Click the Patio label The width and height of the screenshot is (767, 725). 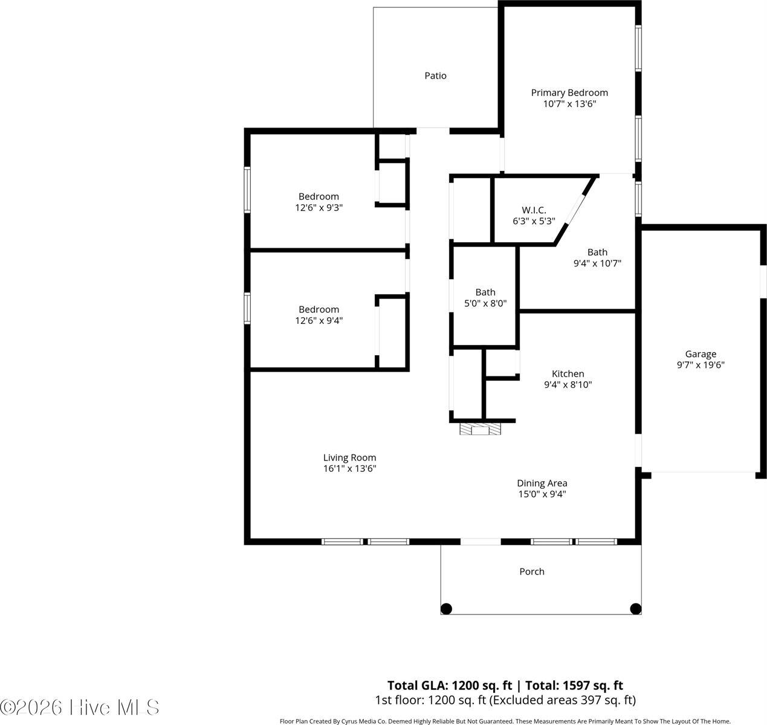(435, 76)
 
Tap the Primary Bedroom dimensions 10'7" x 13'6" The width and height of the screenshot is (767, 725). (569, 104)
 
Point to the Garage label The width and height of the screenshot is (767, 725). (700, 354)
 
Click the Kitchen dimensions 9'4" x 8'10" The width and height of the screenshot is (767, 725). (568, 384)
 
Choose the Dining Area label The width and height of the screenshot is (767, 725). (542, 483)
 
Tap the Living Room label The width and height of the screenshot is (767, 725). (349, 457)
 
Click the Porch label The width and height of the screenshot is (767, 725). (532, 571)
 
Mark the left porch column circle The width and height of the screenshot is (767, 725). (446, 608)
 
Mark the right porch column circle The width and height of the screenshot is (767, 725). (635, 608)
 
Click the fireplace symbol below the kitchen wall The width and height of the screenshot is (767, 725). (481, 430)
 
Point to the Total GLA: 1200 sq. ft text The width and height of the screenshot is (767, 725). (449, 685)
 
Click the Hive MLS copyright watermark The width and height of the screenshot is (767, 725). (80, 707)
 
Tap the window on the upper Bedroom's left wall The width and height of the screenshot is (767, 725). (247, 189)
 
